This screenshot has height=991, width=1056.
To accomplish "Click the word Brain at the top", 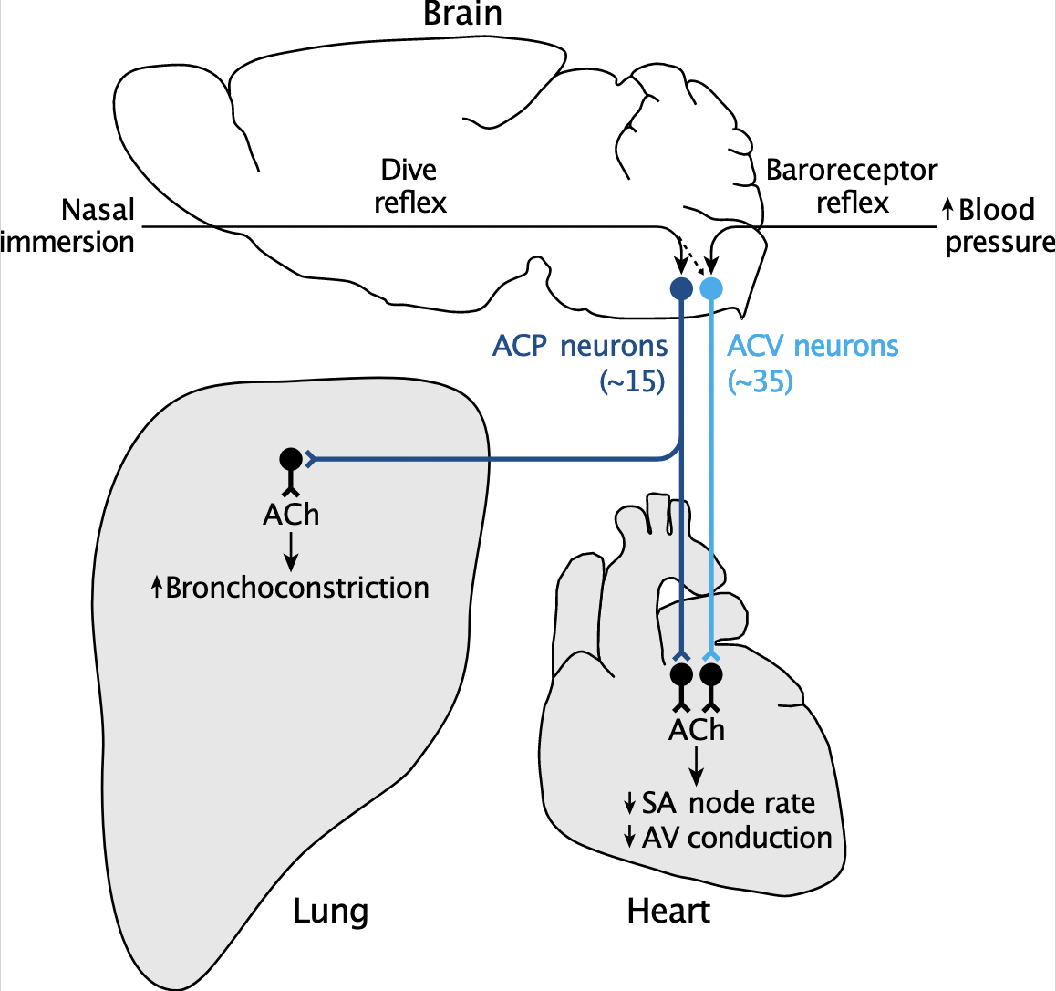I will coord(462,14).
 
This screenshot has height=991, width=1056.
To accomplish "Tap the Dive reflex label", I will coord(409,185).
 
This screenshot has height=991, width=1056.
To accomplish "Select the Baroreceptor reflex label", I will coord(851,185).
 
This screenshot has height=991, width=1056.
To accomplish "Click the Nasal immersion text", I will coord(68,225).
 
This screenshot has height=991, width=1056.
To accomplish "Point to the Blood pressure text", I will coord(999,225).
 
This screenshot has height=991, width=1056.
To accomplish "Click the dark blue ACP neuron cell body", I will coord(681,289).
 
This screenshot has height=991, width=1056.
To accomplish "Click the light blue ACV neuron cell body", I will coord(711,289).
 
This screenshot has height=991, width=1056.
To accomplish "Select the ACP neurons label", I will coord(580,347).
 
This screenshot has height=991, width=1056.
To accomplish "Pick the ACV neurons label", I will coord(813,347).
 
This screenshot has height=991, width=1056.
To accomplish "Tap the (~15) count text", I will coord(632,381).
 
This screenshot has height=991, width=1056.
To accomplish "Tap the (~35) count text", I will coord(761,381).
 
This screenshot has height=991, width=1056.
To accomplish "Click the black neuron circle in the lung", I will coord(290,458).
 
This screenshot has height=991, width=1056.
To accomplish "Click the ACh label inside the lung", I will coord(291,515).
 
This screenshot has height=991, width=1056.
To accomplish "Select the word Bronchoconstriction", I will coord(297,588).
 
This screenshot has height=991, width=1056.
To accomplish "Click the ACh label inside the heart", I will coord(697,730).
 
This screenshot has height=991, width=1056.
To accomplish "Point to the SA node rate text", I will coord(728,803).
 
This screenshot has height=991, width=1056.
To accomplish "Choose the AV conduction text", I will coord(737,838).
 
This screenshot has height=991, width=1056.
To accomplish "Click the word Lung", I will coord(330,911).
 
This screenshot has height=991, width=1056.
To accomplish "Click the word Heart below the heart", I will coord(668,911).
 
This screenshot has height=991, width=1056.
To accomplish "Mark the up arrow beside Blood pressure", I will coord(947,211).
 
